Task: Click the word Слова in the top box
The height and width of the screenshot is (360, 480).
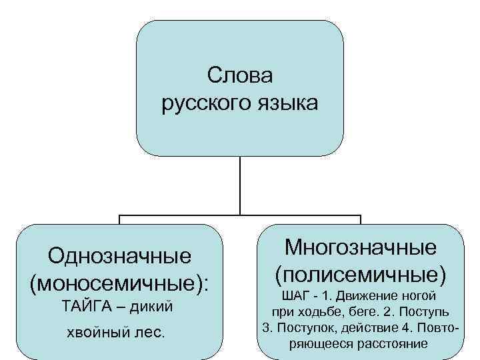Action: (240, 76)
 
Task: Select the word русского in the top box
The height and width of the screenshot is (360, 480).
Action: (203, 104)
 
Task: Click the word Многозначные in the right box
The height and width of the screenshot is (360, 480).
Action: (361, 247)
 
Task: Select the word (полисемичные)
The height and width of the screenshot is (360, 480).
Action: (361, 273)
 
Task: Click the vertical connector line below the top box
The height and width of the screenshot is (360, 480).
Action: (240, 186)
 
